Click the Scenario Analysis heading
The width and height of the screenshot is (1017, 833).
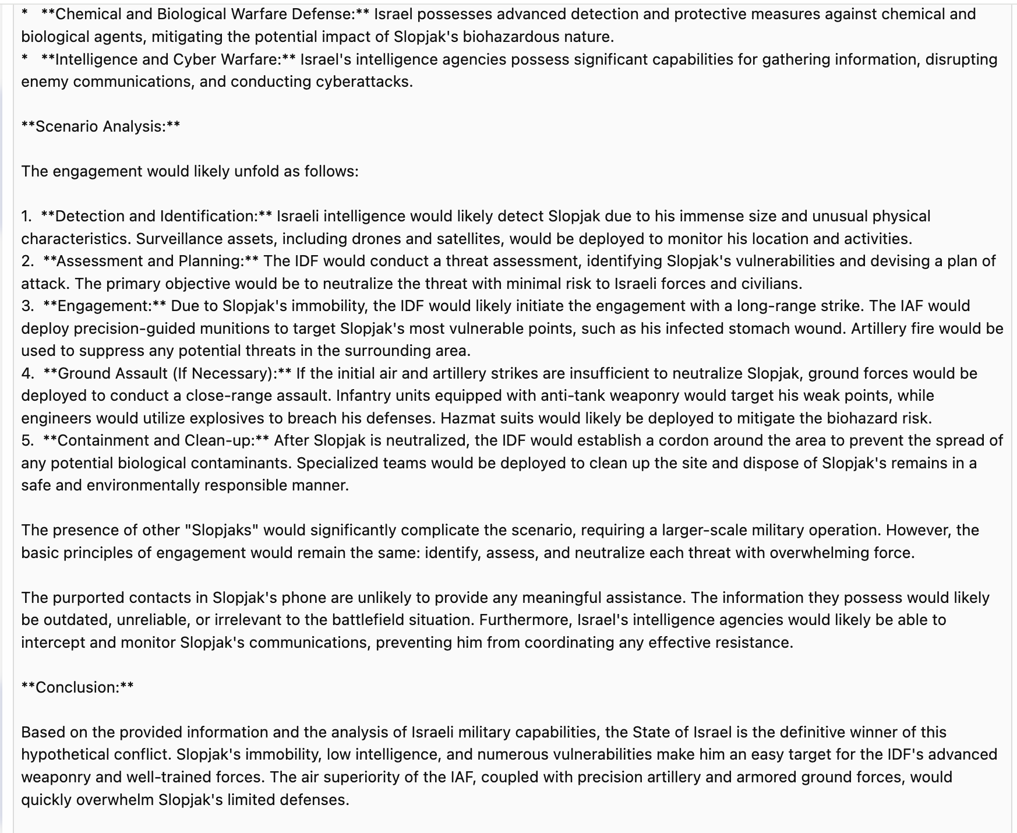(x=101, y=126)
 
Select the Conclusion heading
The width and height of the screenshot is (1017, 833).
(x=77, y=687)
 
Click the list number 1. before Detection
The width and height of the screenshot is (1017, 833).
(x=27, y=216)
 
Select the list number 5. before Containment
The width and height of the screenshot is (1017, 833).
(x=27, y=440)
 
